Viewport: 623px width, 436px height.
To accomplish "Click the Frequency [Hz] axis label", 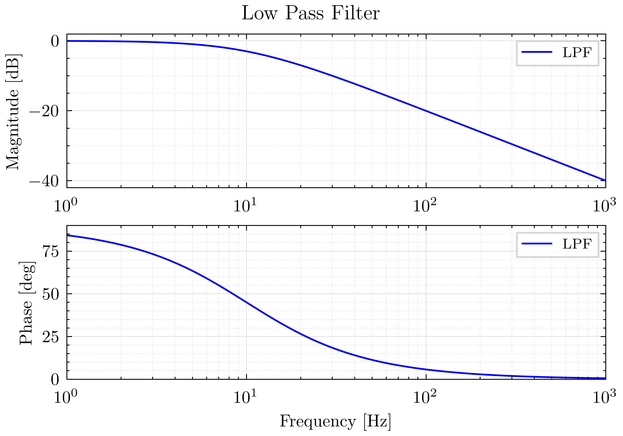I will [335, 421].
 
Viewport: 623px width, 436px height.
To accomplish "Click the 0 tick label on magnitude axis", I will [55, 42].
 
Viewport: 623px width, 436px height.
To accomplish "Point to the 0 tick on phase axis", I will [55, 380].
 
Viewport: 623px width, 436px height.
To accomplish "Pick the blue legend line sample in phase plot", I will [537, 243].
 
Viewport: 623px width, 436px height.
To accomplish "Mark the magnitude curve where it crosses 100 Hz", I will [426, 111].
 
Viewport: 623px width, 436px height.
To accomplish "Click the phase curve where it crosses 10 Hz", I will [246, 302].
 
